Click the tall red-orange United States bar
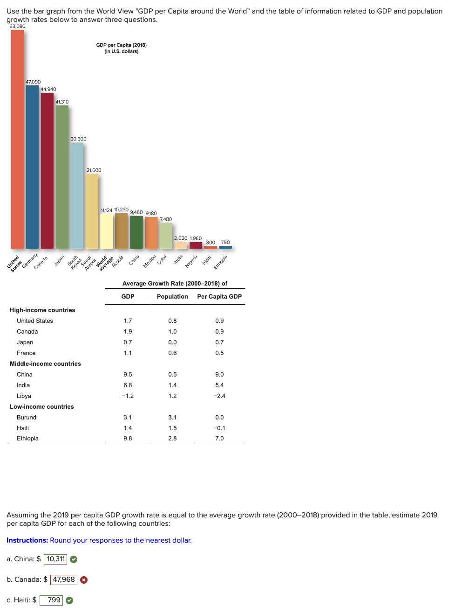[18, 140]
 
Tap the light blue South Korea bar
[77, 196]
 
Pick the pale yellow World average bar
[107, 231]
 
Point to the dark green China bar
[136, 232]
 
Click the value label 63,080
[18, 26]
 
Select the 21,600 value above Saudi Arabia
[94, 170]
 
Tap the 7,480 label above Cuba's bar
[166, 219]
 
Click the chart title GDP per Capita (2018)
[122, 45]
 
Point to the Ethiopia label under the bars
[220, 262]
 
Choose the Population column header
[172, 297]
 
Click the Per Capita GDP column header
[219, 297]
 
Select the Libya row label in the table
[24, 396]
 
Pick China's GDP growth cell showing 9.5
[128, 375]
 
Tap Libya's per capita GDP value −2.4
[219, 396]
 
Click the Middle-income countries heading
[45, 364]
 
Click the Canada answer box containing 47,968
[64, 579]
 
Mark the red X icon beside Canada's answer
[84, 580]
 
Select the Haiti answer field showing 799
[51, 600]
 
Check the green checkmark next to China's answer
[74, 559]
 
